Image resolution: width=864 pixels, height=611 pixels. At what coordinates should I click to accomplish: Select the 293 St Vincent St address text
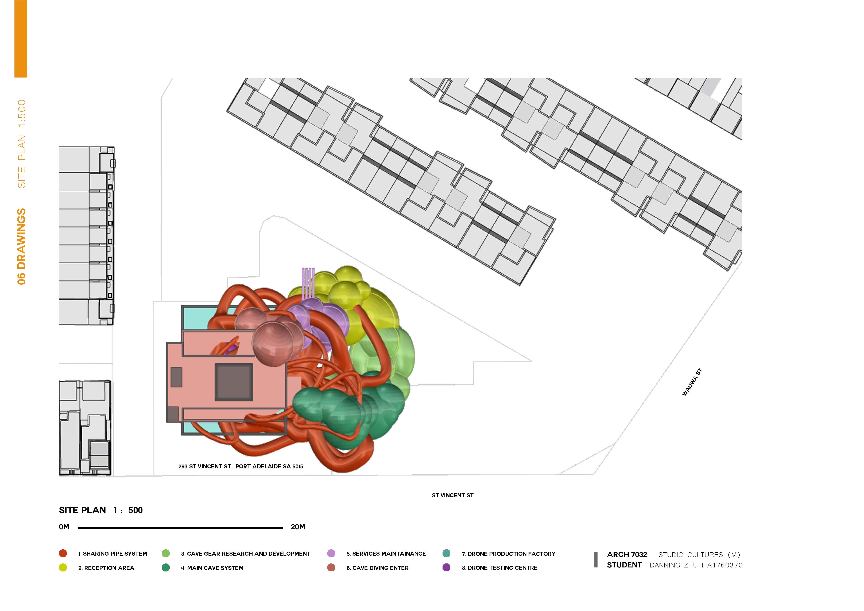coord(241,467)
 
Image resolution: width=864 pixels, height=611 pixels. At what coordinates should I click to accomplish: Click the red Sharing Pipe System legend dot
coord(63,554)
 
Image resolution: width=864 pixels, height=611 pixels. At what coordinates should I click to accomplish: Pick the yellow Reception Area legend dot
coord(63,568)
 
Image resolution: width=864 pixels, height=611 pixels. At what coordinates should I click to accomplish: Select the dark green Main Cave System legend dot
coord(166,568)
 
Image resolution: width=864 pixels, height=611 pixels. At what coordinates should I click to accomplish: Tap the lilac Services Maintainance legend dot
coord(331,554)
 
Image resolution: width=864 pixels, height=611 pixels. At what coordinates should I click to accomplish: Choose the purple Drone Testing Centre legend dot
coord(446,568)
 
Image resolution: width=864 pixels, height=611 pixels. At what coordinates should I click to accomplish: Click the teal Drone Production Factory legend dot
coord(446,554)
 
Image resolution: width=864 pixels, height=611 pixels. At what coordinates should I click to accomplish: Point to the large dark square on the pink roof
coord(234,382)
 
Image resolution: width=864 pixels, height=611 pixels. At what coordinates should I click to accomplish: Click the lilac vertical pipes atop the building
coord(308,282)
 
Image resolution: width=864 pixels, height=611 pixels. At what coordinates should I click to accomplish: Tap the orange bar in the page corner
coord(21,39)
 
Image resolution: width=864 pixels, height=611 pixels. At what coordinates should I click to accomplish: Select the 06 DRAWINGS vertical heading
coord(21,246)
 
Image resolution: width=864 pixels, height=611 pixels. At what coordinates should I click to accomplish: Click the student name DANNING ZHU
coord(674,565)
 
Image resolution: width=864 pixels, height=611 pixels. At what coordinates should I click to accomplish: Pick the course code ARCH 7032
coord(627,555)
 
